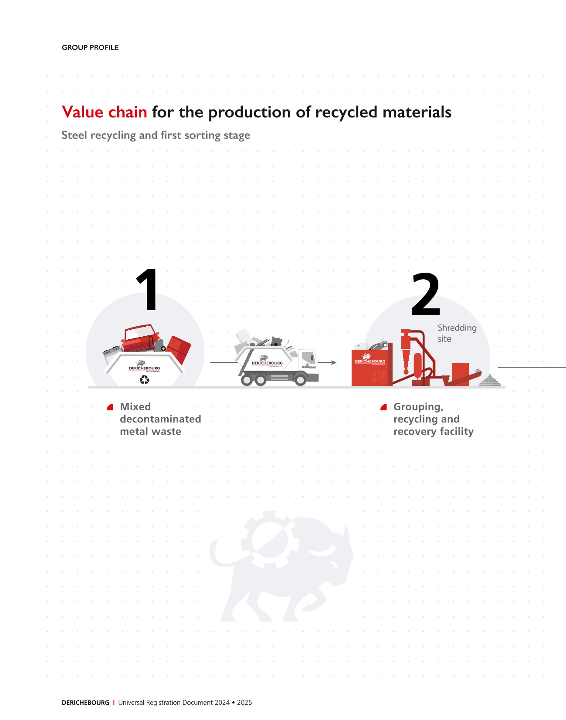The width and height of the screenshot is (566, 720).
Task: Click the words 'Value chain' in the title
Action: click(x=105, y=112)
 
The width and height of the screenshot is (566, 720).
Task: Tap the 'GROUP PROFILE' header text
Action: click(x=90, y=47)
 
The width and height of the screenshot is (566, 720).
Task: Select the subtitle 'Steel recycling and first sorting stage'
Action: click(x=156, y=135)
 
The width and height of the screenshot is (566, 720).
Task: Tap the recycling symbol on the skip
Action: click(x=145, y=379)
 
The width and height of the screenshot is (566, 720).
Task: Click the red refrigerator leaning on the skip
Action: click(x=178, y=350)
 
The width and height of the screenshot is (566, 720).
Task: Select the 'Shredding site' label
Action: click(x=457, y=333)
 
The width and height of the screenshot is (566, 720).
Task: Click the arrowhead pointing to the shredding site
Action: click(x=334, y=362)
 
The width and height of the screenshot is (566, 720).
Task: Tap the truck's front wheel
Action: click(x=300, y=380)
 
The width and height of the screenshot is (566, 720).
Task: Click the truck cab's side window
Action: click(x=308, y=357)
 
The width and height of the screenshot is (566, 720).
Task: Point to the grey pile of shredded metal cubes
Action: click(x=489, y=381)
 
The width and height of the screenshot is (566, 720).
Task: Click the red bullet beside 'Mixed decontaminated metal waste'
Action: click(x=110, y=407)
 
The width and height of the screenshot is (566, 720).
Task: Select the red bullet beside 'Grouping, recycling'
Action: click(x=384, y=407)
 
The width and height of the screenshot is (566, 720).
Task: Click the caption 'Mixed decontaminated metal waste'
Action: click(x=160, y=419)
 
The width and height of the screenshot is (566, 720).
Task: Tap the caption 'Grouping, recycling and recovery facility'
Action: click(x=434, y=419)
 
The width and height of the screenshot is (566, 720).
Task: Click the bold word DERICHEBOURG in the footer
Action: click(x=85, y=703)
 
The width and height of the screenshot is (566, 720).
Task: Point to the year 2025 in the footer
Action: click(x=244, y=703)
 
